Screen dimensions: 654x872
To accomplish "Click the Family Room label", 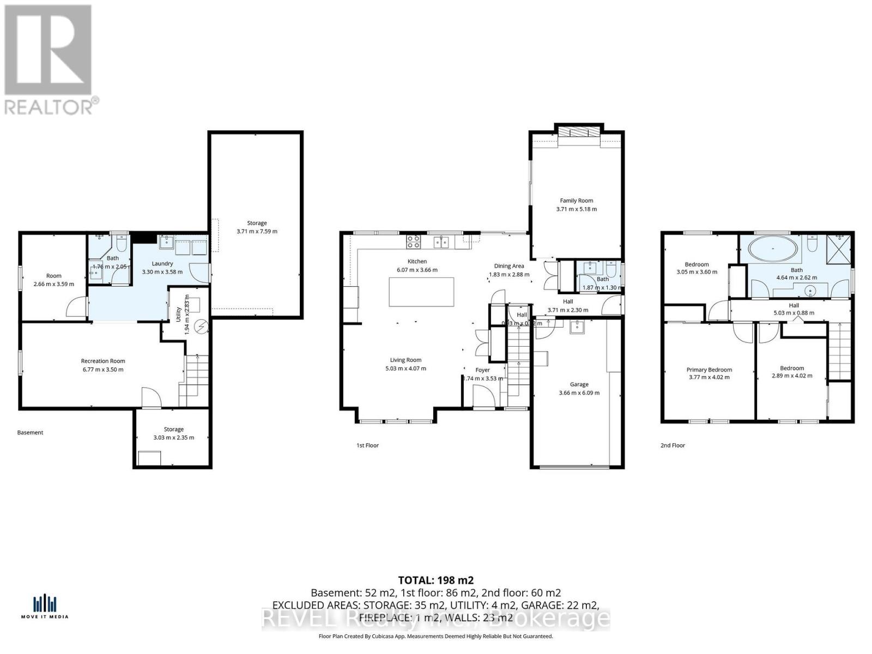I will [576, 201].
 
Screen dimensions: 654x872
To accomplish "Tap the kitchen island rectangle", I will [421, 292].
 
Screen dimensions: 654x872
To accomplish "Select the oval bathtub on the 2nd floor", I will [773, 249].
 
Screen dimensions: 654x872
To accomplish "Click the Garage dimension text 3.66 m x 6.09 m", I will [579, 393].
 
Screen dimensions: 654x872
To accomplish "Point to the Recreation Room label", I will [103, 361].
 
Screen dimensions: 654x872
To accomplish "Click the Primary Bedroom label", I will [709, 370].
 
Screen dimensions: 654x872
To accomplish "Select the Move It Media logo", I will [45, 607].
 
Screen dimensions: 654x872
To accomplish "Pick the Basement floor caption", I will [30, 433].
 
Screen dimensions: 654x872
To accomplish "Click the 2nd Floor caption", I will [673, 445].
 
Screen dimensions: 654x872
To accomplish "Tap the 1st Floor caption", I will [367, 445].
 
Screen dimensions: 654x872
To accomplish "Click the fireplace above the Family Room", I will [579, 132].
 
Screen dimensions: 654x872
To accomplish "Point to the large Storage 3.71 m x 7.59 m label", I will [257, 223].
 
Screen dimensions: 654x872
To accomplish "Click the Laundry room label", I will [162, 263].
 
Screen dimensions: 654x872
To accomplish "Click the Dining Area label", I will [509, 266].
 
